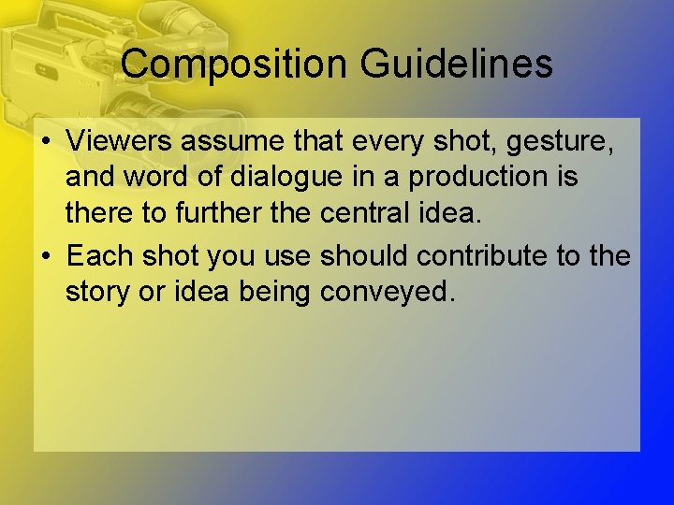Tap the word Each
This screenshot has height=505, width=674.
coord(97,255)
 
